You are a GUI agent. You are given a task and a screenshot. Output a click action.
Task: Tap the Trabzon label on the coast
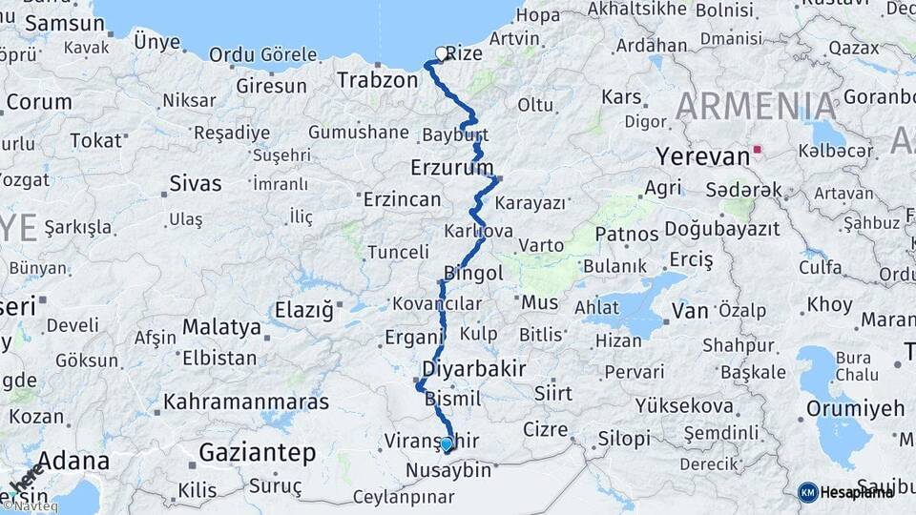pyautogui.click(x=377, y=80)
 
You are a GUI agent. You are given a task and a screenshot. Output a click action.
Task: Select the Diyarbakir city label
pyautogui.click(x=472, y=369)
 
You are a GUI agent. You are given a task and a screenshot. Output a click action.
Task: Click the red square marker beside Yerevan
pyautogui.click(x=758, y=150)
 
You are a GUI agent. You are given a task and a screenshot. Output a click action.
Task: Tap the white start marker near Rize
pyautogui.click(x=441, y=53)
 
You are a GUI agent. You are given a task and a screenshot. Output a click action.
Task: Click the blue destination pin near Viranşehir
pyautogui.click(x=447, y=443)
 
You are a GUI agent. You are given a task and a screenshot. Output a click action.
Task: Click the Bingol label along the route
pyautogui.click(x=474, y=275)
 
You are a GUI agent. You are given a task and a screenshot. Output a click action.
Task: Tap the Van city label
pyautogui.click(x=690, y=310)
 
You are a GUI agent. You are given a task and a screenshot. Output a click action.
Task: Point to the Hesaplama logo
pyautogui.click(x=846, y=492)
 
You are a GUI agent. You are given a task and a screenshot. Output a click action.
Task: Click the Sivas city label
pyautogui.click(x=195, y=183)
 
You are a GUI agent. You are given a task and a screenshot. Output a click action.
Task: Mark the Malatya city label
pyautogui.click(x=221, y=327)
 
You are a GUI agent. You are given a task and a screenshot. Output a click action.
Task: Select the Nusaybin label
pyautogui.click(x=448, y=470)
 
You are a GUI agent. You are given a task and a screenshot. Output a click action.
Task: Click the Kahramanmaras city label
pyautogui.click(x=246, y=402)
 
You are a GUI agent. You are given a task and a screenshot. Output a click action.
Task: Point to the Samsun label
pyautogui.click(x=65, y=24)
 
